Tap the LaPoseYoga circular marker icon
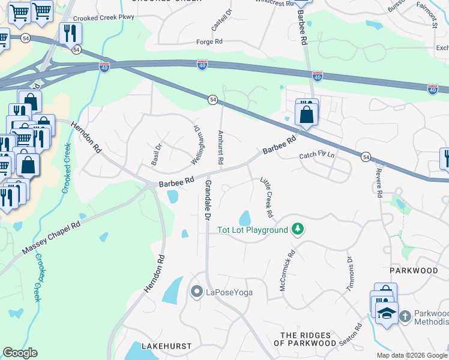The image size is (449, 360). (196, 292)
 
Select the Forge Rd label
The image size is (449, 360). (209, 42)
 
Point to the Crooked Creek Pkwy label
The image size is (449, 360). (104, 17)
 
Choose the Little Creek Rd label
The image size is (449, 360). (267, 197)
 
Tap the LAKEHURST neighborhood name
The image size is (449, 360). (166, 346)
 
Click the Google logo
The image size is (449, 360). (20, 353)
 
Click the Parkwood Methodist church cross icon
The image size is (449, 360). (405, 316)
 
